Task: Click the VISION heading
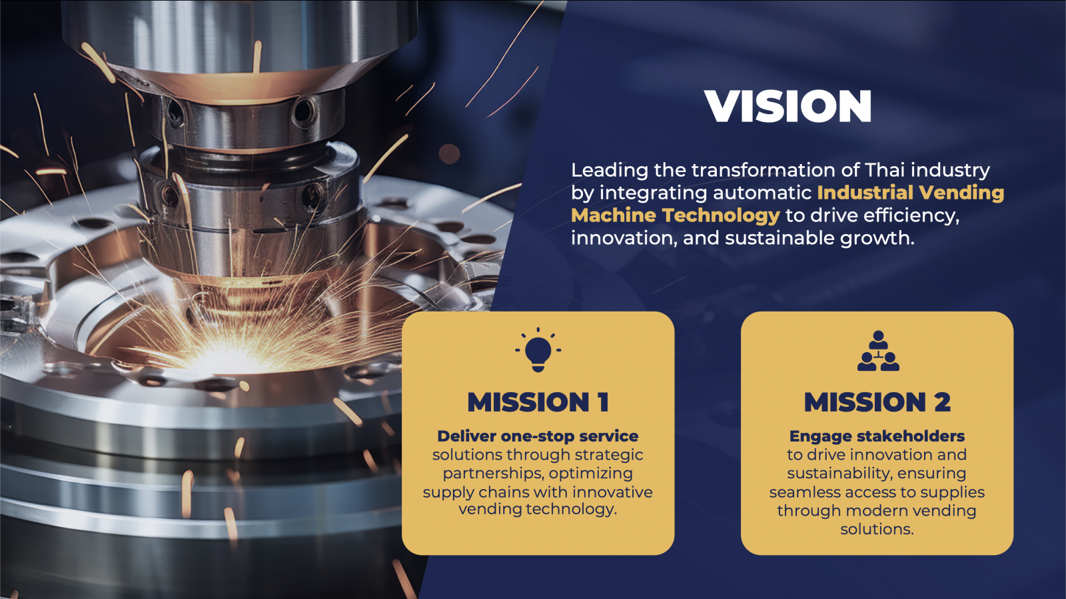tap(788, 106)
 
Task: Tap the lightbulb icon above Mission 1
tap(538, 350)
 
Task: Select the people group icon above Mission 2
tap(878, 351)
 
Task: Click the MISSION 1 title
tap(538, 402)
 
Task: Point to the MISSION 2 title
tap(877, 402)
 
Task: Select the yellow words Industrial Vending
tap(910, 193)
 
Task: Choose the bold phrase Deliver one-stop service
tap(538, 436)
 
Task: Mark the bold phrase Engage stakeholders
tap(877, 436)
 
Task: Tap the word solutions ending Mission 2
tap(877, 530)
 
